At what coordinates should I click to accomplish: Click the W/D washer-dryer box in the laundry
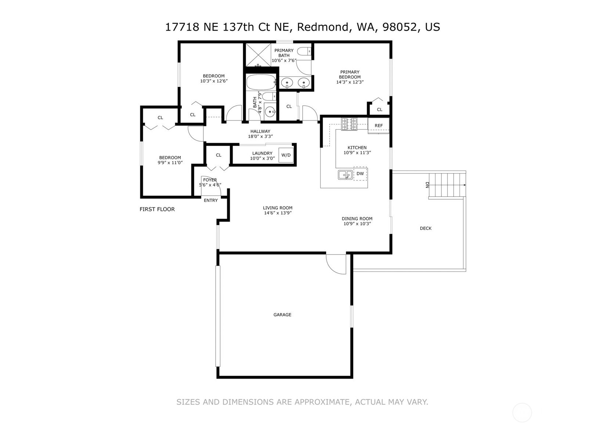click(x=286, y=155)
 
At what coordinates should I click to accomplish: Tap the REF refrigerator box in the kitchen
click(x=378, y=125)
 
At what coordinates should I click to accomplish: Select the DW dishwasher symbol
click(x=360, y=174)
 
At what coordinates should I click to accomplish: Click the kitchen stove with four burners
click(x=349, y=124)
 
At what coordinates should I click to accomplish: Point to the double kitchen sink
click(x=345, y=175)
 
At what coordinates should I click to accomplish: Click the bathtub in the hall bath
click(x=261, y=82)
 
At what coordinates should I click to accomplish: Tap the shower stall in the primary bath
click(x=258, y=55)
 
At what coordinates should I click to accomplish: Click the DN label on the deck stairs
click(x=427, y=185)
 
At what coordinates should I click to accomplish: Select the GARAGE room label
click(x=282, y=315)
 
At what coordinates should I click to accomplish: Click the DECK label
click(x=426, y=228)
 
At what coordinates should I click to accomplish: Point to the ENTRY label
click(x=211, y=200)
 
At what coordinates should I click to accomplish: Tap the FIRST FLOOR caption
click(x=157, y=209)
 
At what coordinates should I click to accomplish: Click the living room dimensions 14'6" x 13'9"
click(x=278, y=213)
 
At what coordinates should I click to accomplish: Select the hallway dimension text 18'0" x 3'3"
click(x=260, y=136)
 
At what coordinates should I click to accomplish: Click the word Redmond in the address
click(x=323, y=27)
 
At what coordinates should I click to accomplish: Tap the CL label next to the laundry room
click(x=219, y=155)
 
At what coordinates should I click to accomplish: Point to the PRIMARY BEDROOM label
click(x=350, y=74)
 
